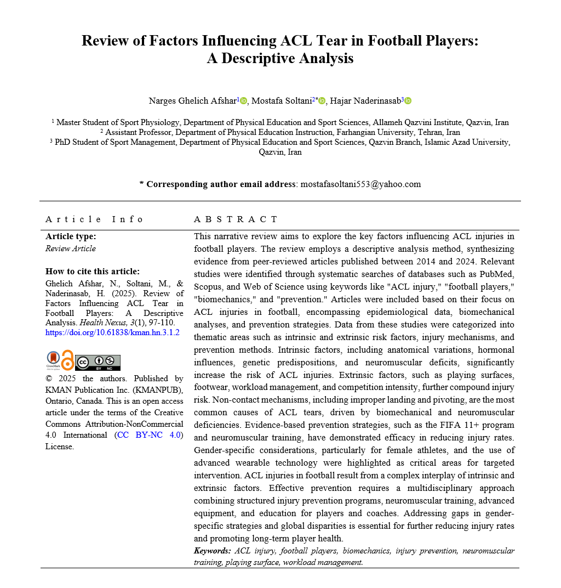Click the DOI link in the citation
[x=112, y=332]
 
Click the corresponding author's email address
[x=360, y=184]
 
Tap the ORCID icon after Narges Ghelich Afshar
[x=244, y=101]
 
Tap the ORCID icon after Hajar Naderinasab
[x=408, y=101]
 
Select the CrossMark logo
[x=53, y=360]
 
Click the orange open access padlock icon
[x=67, y=360]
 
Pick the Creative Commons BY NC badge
[x=98, y=363]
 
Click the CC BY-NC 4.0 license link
[x=150, y=435]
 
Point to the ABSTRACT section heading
[x=236, y=219]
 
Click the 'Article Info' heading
[x=94, y=219]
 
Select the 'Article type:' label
[x=71, y=236]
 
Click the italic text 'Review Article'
[x=70, y=248]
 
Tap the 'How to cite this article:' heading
[x=93, y=271]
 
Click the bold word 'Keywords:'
[x=212, y=551]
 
